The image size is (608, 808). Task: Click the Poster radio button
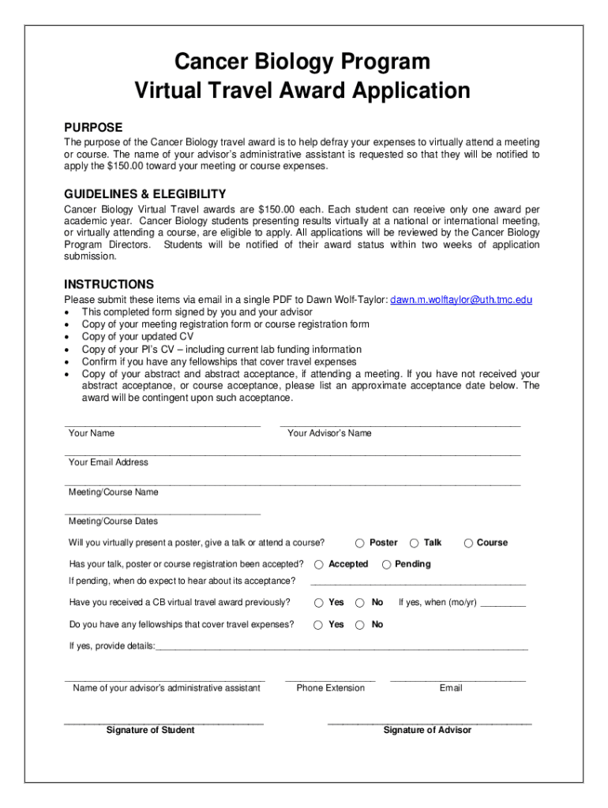point(359,543)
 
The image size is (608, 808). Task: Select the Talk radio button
point(414,543)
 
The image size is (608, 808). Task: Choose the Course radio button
point(468,543)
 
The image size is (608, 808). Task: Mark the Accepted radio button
point(319,564)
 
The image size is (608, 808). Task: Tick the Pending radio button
point(387,564)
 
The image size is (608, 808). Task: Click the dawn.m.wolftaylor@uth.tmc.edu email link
point(461,300)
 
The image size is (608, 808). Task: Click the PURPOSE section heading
point(93,128)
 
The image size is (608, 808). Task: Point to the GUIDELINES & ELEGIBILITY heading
point(145,194)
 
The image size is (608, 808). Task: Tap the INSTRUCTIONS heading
point(109,285)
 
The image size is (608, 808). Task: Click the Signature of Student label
point(150,730)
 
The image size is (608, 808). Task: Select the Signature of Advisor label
point(427,730)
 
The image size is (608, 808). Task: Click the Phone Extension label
point(330,688)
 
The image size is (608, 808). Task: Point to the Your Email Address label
point(108,462)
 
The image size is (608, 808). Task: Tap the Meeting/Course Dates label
point(113,522)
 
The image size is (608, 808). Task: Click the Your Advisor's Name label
point(329,433)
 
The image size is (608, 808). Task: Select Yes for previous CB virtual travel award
point(319,603)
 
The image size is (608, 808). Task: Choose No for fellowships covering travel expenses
point(359,625)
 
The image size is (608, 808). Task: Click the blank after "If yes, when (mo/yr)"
point(503,604)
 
